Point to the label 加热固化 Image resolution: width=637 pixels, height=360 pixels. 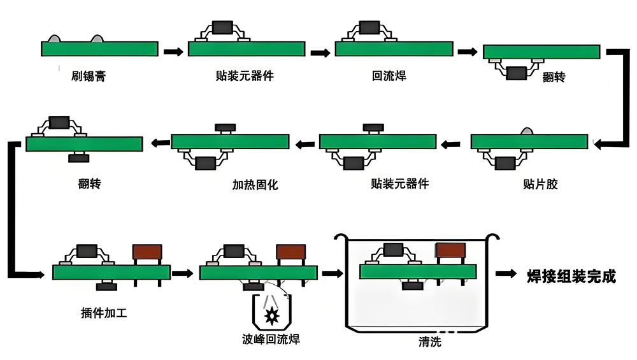pyautogui.click(x=255, y=185)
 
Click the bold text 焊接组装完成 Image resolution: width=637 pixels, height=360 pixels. pyautogui.click(x=571, y=276)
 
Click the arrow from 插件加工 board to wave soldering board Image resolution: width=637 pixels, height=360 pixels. pyautogui.click(x=182, y=273)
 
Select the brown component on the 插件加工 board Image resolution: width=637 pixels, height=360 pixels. pyautogui.click(x=147, y=251)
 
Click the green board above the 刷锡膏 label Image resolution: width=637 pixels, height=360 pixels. pyautogui.click(x=99, y=49)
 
